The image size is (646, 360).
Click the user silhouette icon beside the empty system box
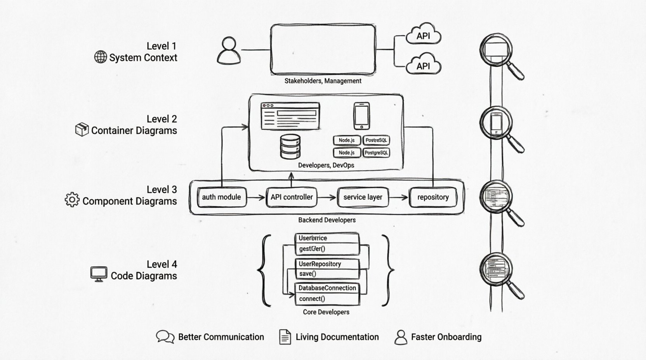tap(229, 51)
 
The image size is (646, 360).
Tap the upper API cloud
tap(423, 35)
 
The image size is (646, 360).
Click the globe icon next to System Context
tap(101, 57)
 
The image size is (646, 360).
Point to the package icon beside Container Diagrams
tap(82, 130)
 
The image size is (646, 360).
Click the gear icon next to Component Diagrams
tap(72, 199)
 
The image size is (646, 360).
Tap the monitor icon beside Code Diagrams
tap(99, 274)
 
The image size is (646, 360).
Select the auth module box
tap(221, 197)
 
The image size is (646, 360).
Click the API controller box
tap(292, 197)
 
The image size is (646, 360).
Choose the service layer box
tap(363, 197)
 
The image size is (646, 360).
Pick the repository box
tap(433, 197)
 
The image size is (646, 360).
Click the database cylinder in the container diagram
tap(290, 146)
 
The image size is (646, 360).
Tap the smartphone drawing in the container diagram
tap(361, 116)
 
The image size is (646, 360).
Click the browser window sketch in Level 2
tap(290, 116)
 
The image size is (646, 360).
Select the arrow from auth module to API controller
tap(256, 198)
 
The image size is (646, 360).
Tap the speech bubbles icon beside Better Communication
tap(165, 337)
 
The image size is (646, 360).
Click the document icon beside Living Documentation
tap(285, 337)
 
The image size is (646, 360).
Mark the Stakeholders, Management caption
tap(323, 81)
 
